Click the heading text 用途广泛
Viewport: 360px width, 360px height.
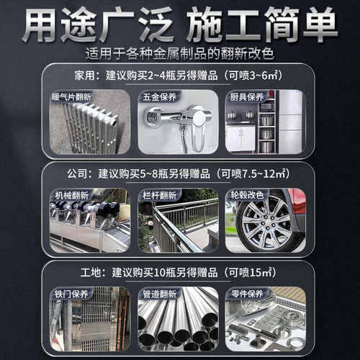click(97, 27)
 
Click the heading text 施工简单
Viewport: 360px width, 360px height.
click(261, 27)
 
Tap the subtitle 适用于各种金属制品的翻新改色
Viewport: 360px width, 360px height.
click(179, 54)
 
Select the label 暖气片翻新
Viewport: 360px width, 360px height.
click(72, 96)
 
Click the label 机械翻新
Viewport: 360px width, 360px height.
click(70, 195)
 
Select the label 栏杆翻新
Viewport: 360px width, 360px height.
click(157, 195)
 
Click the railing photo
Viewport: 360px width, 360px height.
click(178, 225)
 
